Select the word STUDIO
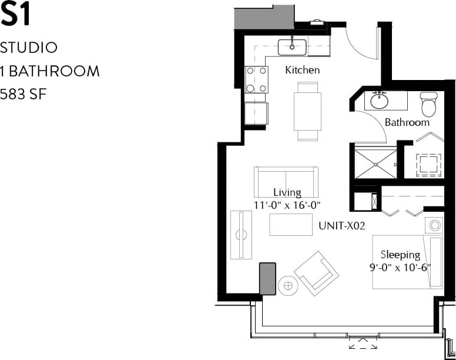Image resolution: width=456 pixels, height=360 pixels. click(x=29, y=47)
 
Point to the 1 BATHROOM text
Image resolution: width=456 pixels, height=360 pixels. click(x=50, y=71)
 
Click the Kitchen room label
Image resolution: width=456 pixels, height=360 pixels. click(x=302, y=70)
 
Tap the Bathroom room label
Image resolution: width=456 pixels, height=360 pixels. click(x=407, y=122)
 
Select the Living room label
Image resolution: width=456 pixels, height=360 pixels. click(x=287, y=192)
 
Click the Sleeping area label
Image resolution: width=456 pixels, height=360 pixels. click(x=400, y=255)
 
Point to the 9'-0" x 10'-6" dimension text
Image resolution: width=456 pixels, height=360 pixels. click(x=400, y=266)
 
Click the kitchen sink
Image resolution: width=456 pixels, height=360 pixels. click(x=290, y=46)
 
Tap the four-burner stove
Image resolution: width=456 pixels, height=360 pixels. click(x=256, y=79)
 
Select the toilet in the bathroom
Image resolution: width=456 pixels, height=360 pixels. click(x=428, y=104)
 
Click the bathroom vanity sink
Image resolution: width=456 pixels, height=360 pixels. click(x=380, y=100)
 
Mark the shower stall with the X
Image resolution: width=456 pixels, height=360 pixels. click(x=374, y=163)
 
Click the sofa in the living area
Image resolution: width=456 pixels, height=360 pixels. click(x=286, y=182)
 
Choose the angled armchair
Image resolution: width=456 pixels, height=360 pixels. click(x=316, y=272)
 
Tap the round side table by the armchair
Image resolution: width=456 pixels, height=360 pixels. click(x=288, y=286)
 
